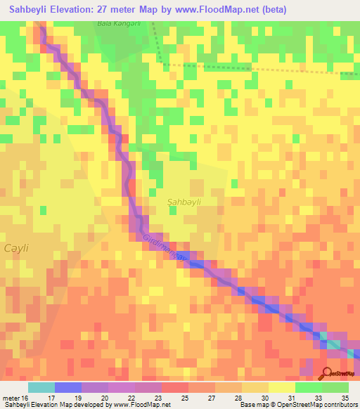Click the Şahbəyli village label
tap(184, 202)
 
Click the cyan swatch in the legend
tap(41, 387)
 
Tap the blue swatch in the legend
tap(67, 387)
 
